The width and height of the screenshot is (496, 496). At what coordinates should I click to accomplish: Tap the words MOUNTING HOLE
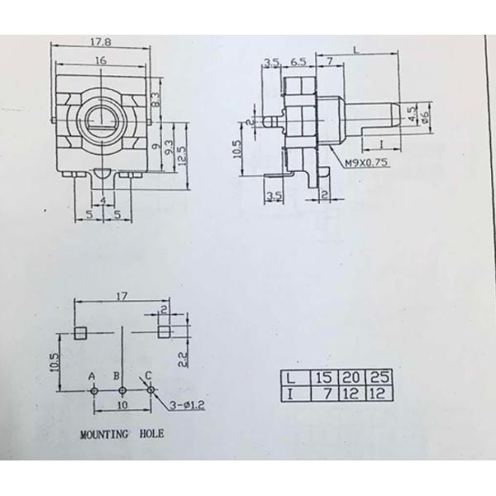pos(122,432)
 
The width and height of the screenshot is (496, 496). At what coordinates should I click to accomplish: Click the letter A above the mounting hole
pos(93,375)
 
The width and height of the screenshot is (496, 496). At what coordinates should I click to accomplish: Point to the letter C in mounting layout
pos(148,374)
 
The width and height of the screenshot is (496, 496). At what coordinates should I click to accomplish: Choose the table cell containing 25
pos(381,377)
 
